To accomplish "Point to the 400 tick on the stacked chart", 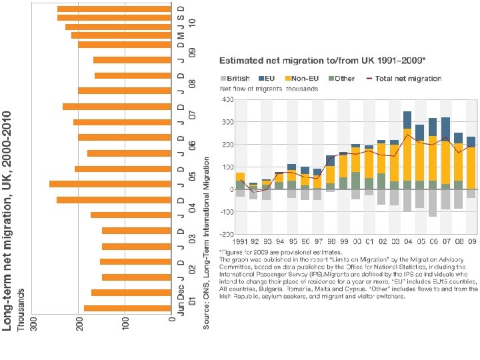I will (227, 100).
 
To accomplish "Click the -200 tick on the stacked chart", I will (225, 235).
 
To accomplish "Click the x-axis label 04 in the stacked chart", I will (407, 241).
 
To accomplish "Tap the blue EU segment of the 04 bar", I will (407, 120).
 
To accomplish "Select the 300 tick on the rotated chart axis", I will (32, 321).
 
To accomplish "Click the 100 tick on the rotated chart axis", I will (125, 321).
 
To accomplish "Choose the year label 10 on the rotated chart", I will (192, 22).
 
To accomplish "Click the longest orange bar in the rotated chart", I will (110, 184).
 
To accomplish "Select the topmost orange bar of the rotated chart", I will (114, 9).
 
